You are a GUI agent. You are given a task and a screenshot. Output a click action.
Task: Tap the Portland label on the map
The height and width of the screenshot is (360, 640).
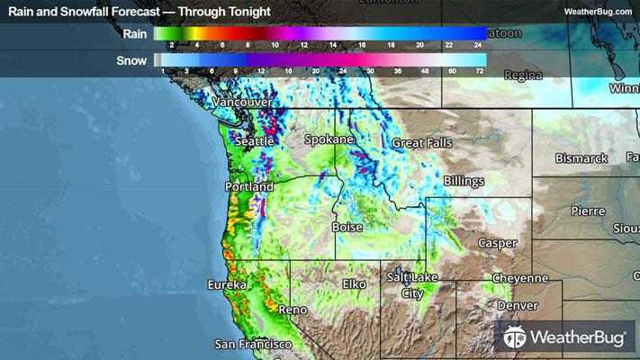tap(248, 186)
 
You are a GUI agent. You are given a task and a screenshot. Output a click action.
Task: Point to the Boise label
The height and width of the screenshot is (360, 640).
tap(347, 228)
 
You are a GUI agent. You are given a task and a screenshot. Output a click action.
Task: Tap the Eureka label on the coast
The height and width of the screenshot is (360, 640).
tap(227, 284)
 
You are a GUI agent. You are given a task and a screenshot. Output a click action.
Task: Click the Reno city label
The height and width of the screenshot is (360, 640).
tap(293, 310)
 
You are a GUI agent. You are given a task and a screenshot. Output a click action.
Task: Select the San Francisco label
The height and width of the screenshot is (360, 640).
tap(253, 344)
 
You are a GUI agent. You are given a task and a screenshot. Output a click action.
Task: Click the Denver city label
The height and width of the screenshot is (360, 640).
tap(516, 306)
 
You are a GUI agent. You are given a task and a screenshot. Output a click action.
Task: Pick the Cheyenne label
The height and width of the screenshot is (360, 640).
tap(519, 278)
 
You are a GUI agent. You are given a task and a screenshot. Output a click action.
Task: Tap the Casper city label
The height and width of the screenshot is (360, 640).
tap(497, 243)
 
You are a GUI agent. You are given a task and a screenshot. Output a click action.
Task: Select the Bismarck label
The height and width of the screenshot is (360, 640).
tap(581, 158)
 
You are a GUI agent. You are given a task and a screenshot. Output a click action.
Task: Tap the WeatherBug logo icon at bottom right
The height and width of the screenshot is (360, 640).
tap(516, 337)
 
